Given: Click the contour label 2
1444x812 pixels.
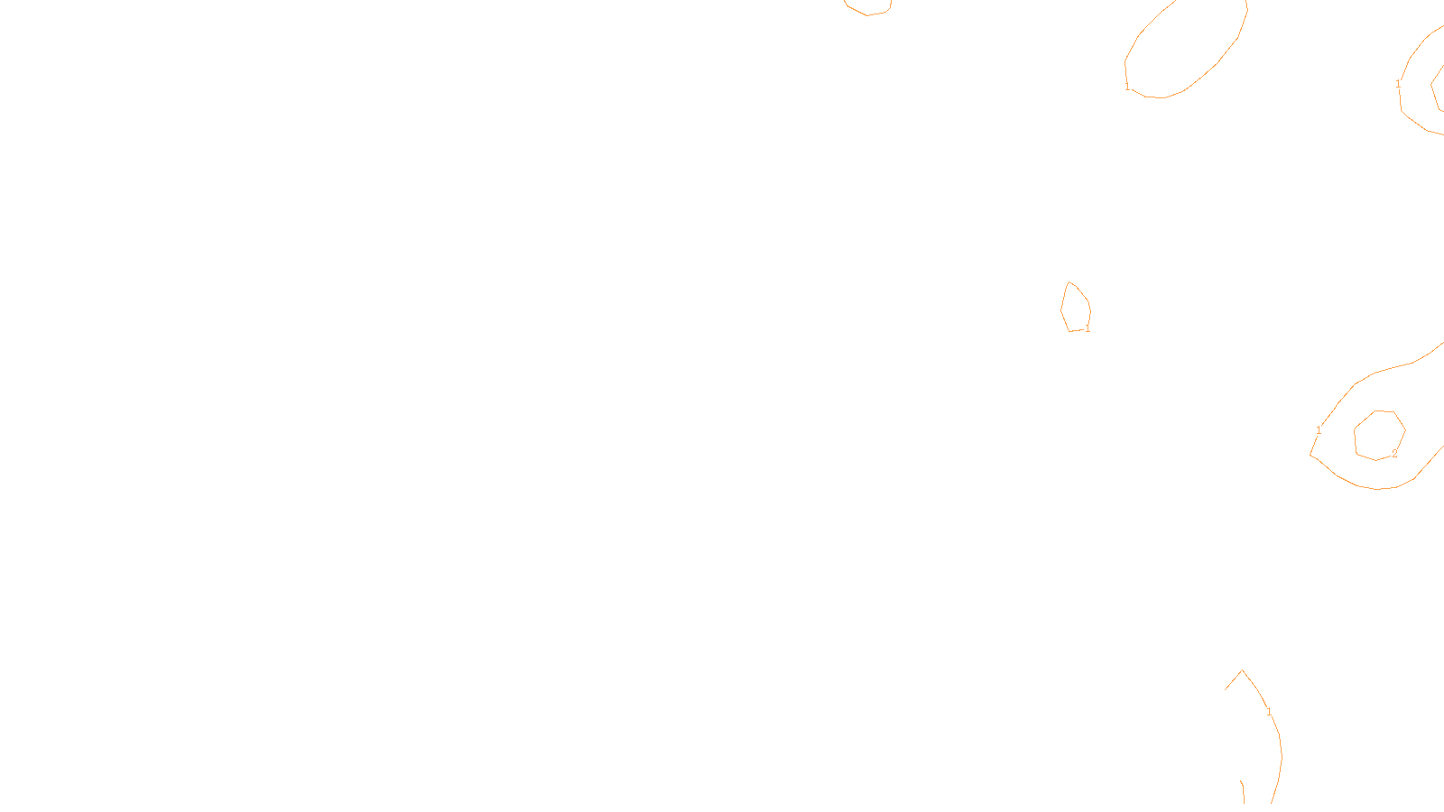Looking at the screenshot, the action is [1394, 454].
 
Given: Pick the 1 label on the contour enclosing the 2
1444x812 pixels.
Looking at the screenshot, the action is [1319, 430].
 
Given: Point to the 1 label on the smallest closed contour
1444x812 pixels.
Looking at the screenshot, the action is [1088, 328].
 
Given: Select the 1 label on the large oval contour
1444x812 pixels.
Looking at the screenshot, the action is [1127, 88].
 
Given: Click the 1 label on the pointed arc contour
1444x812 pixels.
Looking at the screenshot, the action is [1269, 712].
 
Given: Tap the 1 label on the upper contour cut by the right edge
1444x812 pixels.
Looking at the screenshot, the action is [1398, 85].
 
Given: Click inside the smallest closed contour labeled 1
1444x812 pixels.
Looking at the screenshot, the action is [1076, 309].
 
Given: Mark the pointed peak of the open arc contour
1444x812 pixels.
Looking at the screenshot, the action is [1242, 670].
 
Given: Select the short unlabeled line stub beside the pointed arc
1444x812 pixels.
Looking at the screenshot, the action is [1243, 791].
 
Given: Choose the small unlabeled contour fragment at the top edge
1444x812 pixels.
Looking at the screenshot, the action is [868, 11].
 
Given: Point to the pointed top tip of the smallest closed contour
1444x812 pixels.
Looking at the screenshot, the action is [1069, 282].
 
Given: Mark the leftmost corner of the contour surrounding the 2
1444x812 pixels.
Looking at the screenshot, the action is [1310, 454].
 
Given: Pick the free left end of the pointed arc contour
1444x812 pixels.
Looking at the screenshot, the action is [1226, 689].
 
